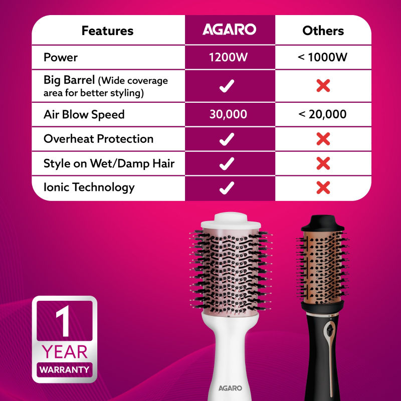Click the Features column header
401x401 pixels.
pos(107,31)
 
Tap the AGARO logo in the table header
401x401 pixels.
pos(230,29)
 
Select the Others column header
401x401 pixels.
pos(323,31)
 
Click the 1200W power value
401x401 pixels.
pos(228,57)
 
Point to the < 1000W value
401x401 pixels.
pos(322,57)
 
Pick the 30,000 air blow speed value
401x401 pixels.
pos(228,114)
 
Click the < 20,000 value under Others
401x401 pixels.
pos(322,114)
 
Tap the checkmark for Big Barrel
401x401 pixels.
pos(227,86)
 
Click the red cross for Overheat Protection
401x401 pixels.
pos(323,139)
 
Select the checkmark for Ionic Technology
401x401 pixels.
pos(227,187)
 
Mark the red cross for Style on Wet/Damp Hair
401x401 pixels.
pos(323,163)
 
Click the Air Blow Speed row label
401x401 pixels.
pos(84,115)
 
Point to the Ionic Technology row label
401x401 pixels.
pos(89,187)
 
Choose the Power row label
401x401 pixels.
pos(60,57)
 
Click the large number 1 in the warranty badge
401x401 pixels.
pos(63,321)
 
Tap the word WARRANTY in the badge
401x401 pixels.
pos(65,369)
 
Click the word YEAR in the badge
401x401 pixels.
pos(65,352)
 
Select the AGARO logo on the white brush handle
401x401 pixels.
pos(230,388)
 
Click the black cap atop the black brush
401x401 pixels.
pos(322,224)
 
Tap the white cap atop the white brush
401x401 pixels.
pos(231,221)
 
